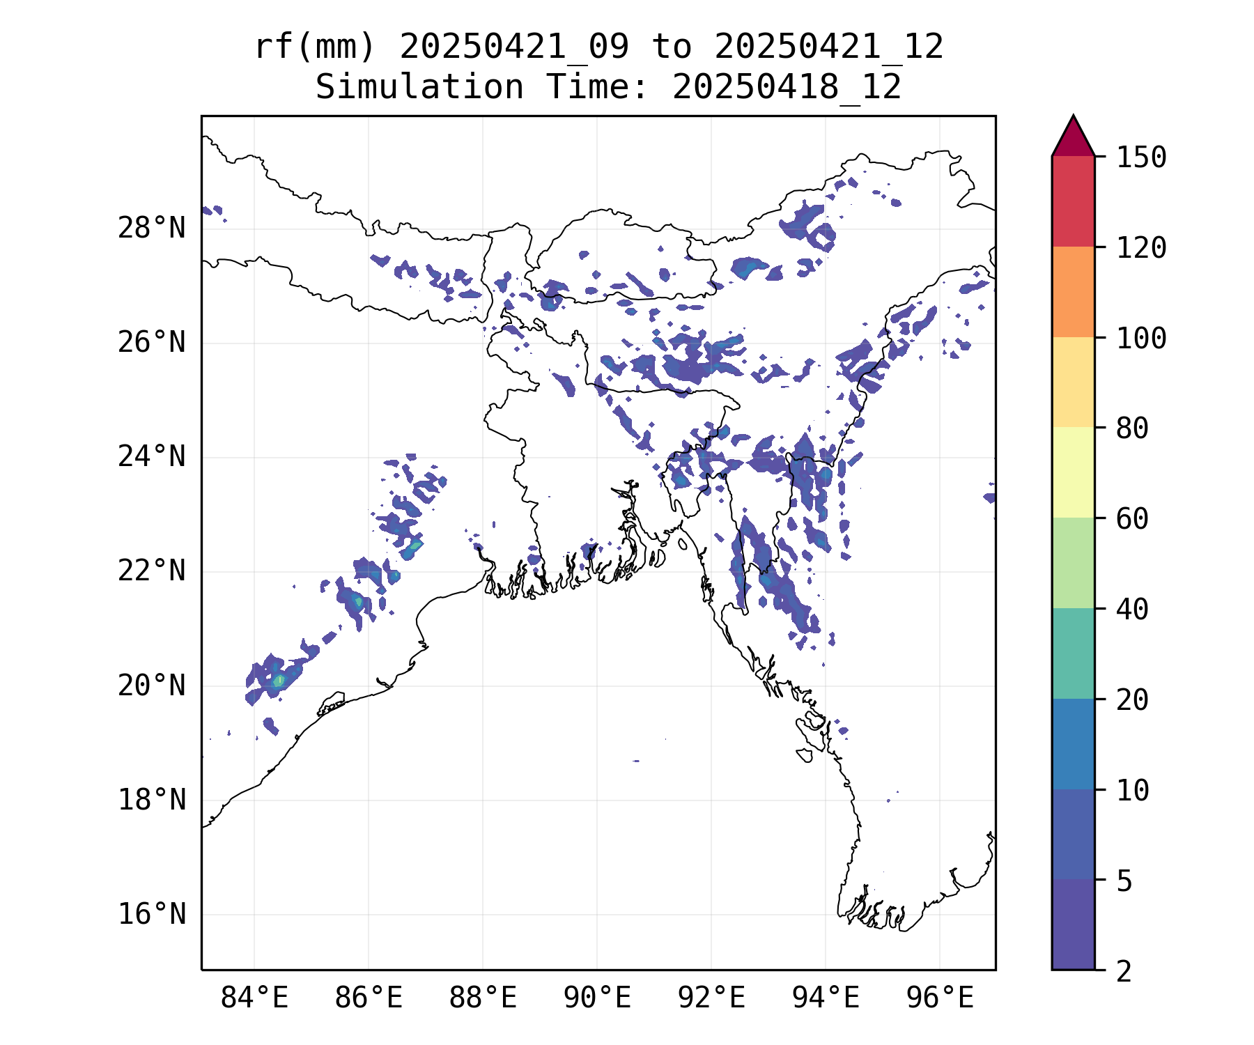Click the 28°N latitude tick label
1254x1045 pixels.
click(151, 229)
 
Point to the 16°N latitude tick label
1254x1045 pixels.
click(151, 914)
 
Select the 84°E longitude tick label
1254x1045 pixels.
click(254, 998)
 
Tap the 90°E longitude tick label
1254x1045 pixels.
click(597, 998)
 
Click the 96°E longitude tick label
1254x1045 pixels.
click(940, 998)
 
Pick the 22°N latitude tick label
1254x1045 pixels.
click(151, 571)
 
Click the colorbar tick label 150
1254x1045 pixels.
click(1141, 157)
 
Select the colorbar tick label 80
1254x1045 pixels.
click(1132, 428)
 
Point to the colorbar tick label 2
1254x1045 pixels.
click(1124, 972)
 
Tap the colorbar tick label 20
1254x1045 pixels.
click(1132, 700)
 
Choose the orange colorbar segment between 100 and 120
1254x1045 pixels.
click(1073, 292)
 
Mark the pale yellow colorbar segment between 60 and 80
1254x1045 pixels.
click(1073, 472)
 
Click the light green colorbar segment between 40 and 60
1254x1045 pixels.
click(1073, 563)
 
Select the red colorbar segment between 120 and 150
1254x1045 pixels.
click(1073, 201)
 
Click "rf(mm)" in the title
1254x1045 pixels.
click(315, 47)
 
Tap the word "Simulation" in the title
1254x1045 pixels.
click(419, 88)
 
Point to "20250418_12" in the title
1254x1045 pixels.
click(787, 88)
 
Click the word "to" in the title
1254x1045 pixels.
click(672, 47)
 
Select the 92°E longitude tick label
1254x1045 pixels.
click(711, 998)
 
